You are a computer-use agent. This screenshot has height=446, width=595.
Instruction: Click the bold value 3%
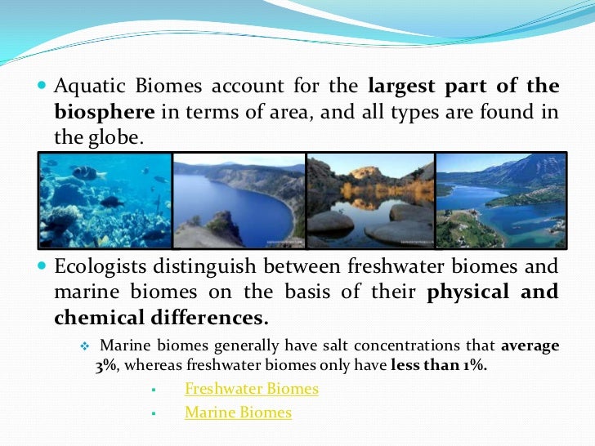tap(106, 365)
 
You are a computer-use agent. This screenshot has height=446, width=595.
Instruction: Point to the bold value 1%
tap(471, 365)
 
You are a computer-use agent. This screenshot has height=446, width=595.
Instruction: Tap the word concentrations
tap(356, 346)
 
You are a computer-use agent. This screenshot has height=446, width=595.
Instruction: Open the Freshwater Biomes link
tap(252, 389)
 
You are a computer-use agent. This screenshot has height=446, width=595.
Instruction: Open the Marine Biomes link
tap(238, 413)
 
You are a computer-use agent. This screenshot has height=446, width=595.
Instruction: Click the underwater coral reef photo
tap(105, 200)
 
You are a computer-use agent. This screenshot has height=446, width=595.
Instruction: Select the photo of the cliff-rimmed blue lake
tap(239, 200)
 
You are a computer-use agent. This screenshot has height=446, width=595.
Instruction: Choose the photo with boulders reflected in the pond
tap(370, 200)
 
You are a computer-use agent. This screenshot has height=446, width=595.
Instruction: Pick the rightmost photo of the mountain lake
tap(501, 200)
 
